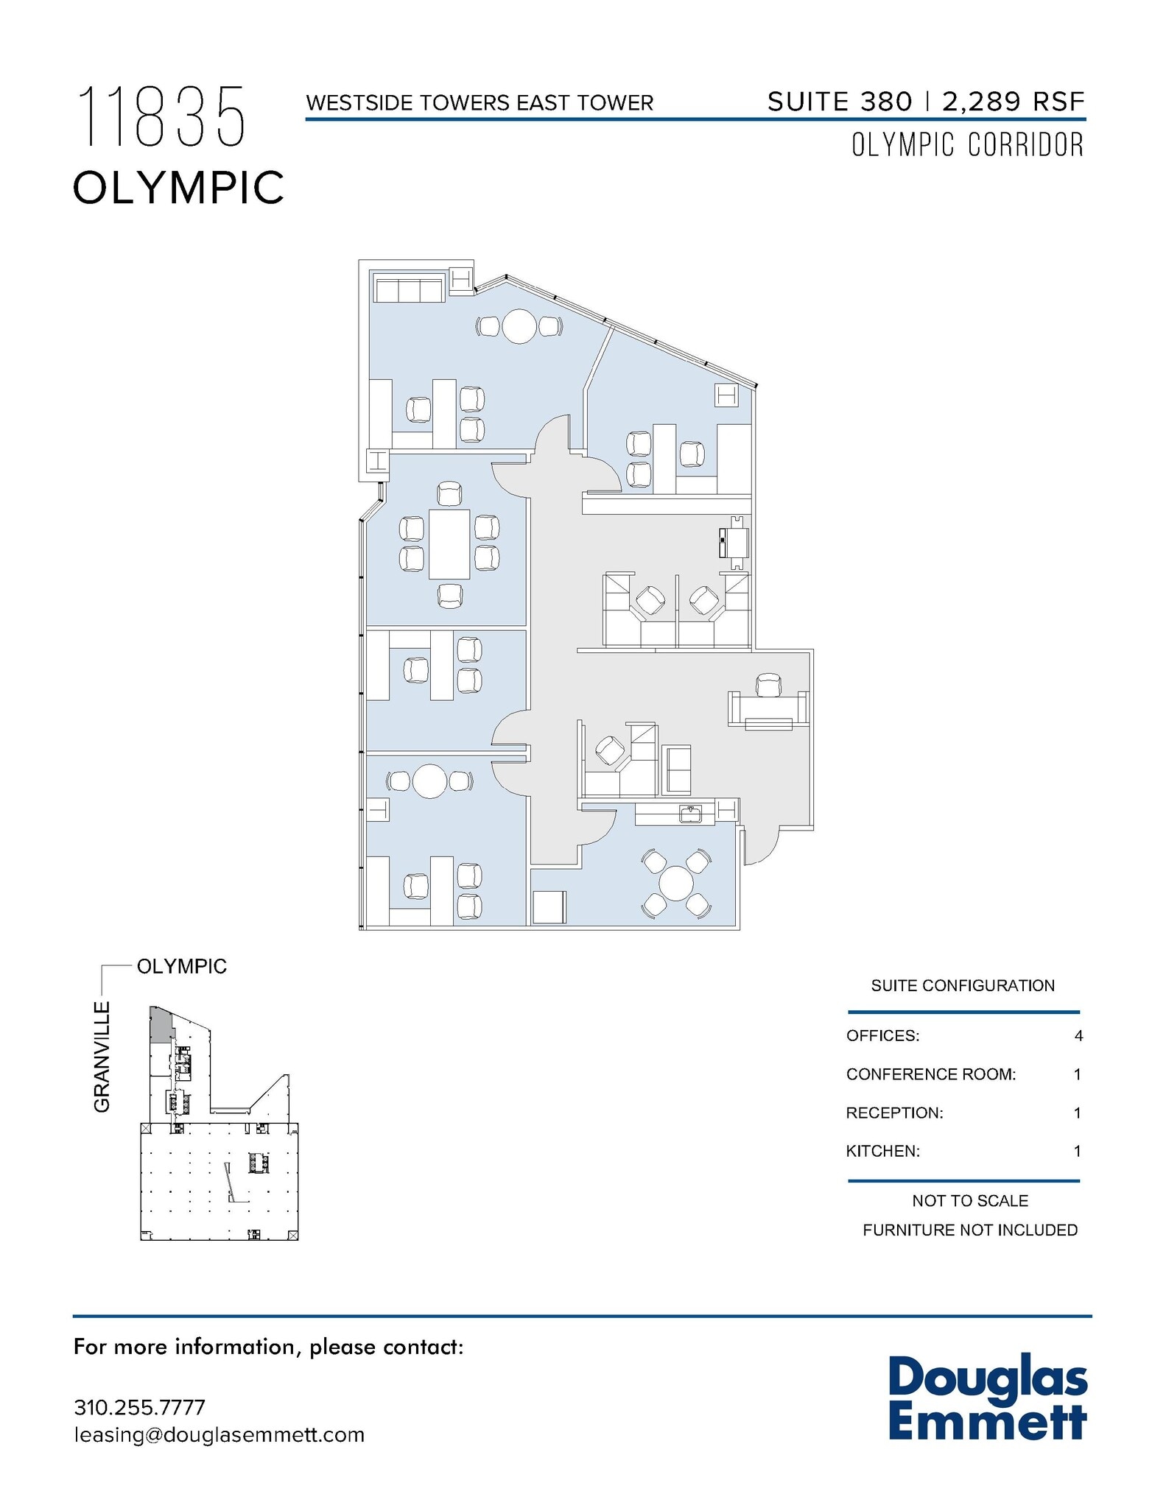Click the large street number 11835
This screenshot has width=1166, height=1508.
161,116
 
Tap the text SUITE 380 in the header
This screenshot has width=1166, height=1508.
840,102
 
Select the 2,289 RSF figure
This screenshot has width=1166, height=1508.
1014,102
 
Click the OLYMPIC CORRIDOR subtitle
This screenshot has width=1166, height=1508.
967,145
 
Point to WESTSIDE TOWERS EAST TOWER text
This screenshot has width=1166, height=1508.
480,103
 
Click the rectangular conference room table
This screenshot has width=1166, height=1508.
449,544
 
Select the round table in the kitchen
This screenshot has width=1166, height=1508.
676,883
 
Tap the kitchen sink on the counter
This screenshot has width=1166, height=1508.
690,814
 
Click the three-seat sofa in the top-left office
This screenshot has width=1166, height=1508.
409,289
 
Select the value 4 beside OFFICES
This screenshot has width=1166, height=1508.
1078,1036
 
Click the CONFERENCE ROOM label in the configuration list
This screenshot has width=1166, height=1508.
930,1074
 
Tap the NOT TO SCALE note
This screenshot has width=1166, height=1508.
969,1201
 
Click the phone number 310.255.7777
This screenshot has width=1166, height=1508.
139,1407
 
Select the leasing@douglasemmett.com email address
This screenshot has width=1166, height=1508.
219,1435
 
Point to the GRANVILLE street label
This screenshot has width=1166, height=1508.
102,1057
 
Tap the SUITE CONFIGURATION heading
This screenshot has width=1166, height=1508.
962,986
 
